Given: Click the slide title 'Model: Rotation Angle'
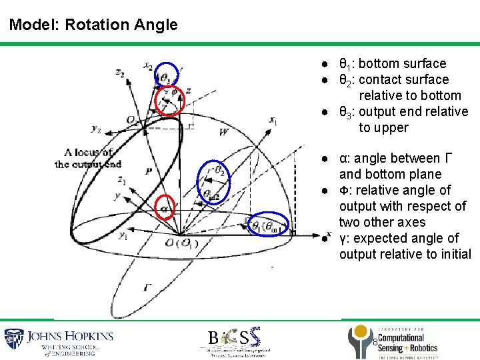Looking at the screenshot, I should tap(93, 25).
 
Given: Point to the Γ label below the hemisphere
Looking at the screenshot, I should tap(147, 287).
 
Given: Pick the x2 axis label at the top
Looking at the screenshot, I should tap(147, 65).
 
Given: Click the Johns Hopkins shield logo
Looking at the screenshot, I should tap(14, 341).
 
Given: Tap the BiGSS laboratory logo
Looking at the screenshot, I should tap(233, 341).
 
